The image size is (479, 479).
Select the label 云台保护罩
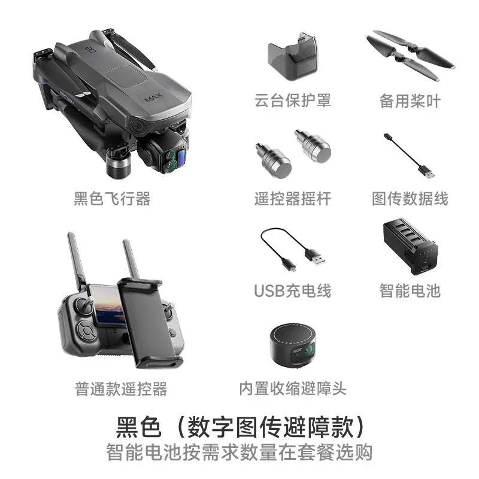(x=292, y=101)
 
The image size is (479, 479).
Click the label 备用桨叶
(x=410, y=101)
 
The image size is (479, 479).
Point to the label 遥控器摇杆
(x=292, y=199)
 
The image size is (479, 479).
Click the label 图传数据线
(x=410, y=199)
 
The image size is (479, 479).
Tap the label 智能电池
(x=410, y=291)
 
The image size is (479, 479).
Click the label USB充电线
(x=292, y=291)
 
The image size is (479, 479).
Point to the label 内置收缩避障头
(x=292, y=389)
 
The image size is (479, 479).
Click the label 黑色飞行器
(x=112, y=199)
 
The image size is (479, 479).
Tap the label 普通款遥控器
(x=121, y=389)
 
